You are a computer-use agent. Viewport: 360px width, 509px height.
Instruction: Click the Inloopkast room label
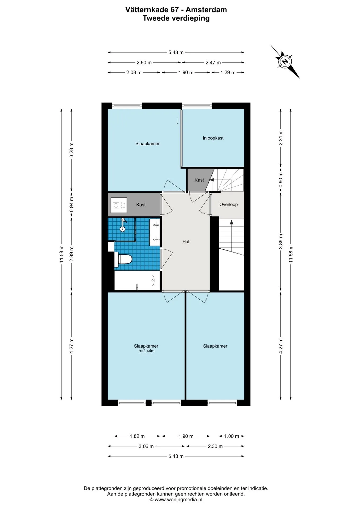point(213,138)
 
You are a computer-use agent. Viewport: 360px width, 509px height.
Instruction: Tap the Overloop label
point(228,204)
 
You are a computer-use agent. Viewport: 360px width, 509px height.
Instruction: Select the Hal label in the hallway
point(186,242)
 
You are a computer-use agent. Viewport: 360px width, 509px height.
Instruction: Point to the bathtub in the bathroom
point(137,280)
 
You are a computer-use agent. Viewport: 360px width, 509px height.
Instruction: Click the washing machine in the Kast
point(119,205)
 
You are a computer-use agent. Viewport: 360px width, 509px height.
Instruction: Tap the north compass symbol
point(285,62)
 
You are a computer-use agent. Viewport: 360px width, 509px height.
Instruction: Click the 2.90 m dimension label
point(144,63)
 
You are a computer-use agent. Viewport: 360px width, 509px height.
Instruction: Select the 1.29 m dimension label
point(228,72)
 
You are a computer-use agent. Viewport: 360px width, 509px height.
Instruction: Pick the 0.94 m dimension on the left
point(72,205)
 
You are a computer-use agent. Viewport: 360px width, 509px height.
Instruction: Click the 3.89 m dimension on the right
point(281,241)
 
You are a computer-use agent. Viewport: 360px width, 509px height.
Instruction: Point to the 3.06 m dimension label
point(146,446)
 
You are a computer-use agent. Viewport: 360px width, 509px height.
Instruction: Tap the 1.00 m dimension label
point(231,436)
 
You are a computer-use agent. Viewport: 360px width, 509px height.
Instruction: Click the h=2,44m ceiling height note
point(146,351)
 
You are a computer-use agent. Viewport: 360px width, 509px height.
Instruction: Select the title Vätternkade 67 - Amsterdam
point(176,10)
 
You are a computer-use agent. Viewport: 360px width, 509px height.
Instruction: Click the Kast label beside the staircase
point(199,180)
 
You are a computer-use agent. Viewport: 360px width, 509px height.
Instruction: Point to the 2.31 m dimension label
point(281,138)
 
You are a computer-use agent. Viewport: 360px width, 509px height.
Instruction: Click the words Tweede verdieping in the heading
point(176,18)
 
